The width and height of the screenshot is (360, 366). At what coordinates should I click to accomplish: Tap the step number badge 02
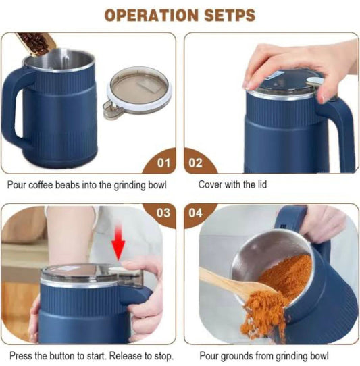[x=196, y=163]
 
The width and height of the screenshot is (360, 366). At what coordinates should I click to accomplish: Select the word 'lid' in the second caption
[x=261, y=184]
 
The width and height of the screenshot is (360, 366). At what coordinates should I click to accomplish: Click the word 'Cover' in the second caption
[x=211, y=184]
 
